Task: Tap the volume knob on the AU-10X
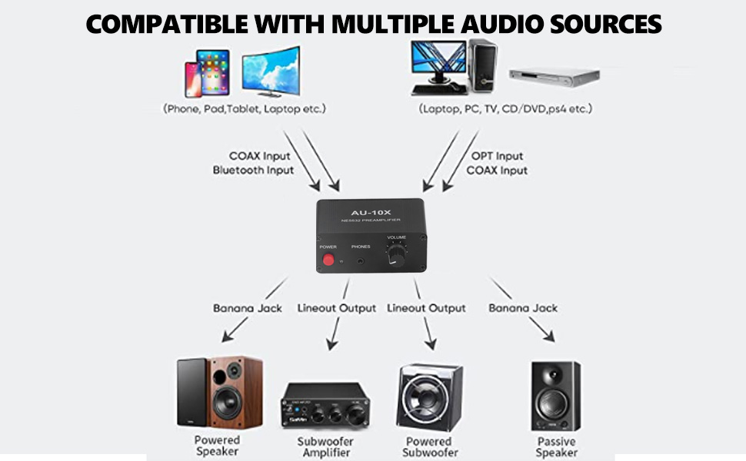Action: pyautogui.click(x=396, y=257)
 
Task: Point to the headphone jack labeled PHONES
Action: pyautogui.click(x=361, y=262)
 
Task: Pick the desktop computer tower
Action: pyautogui.click(x=482, y=65)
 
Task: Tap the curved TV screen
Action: pyautogui.click(x=271, y=70)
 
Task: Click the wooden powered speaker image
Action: pyautogui.click(x=219, y=393)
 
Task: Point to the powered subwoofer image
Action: pyautogui.click(x=429, y=397)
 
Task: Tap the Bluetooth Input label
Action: pyautogui.click(x=253, y=170)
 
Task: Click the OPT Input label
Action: pyautogui.click(x=497, y=156)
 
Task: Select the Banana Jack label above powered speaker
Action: pyautogui.click(x=248, y=308)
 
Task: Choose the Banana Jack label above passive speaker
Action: pyautogui.click(x=523, y=308)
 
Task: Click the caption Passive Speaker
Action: pyautogui.click(x=556, y=446)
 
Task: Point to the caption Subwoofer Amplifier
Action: pyautogui.click(x=325, y=447)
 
